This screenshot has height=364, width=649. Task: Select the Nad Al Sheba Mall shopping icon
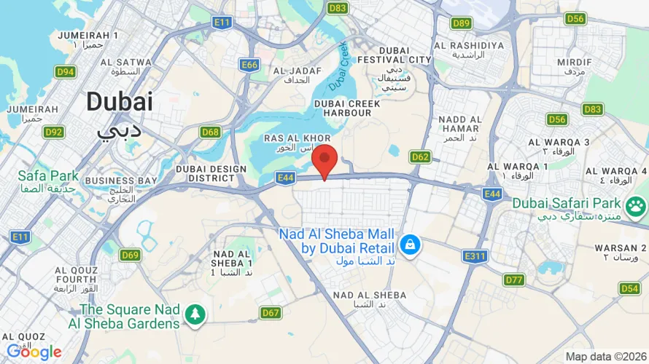pyautogui.click(x=411, y=243)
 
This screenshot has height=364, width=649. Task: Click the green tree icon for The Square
pyautogui.click(x=195, y=314)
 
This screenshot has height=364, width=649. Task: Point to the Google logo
pyautogui.click(x=34, y=352)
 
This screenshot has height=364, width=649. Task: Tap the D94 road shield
pyautogui.click(x=65, y=71)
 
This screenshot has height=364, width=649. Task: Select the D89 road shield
pyautogui.click(x=461, y=23)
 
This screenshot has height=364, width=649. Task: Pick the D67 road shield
pyautogui.click(x=271, y=313)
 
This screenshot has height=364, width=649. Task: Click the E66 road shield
pyautogui.click(x=249, y=65)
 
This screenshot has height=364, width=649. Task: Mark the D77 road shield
pyautogui.click(x=514, y=280)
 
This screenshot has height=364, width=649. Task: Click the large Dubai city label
pyautogui.click(x=120, y=101)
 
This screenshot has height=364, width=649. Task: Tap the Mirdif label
pyautogui.click(x=575, y=63)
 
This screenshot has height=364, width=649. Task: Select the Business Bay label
pyautogui.click(x=121, y=180)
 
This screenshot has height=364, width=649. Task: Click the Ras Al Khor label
pyautogui.click(x=298, y=138)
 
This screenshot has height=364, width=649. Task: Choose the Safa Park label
pyautogui.click(x=48, y=175)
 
